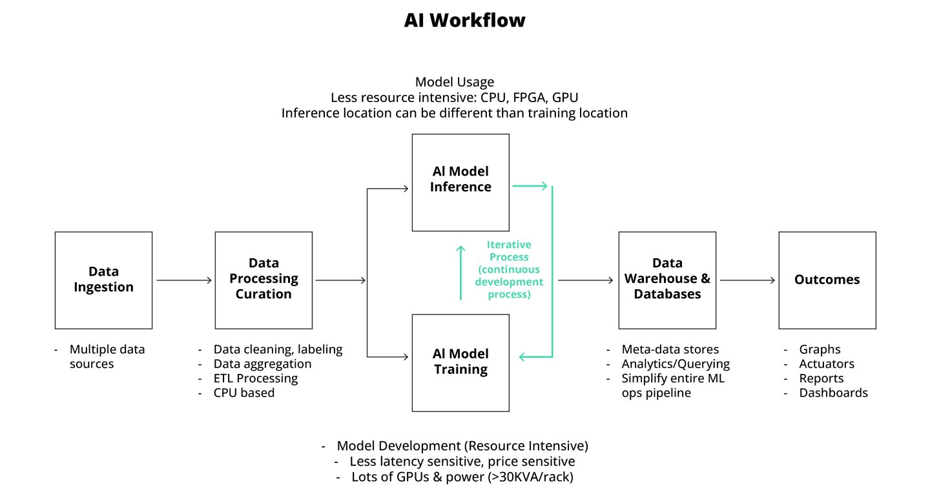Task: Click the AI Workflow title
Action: [464, 20]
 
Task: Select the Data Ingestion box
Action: [103, 280]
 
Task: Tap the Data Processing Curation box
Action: [263, 280]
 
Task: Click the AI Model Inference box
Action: [460, 182]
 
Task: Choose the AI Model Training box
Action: [460, 362]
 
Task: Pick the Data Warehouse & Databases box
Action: [667, 280]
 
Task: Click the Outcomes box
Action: [827, 280]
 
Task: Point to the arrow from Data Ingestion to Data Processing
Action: [184, 280]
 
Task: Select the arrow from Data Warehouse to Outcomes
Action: [747, 280]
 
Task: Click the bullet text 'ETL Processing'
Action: [256, 378]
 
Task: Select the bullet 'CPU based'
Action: [244, 393]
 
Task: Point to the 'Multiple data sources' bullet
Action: [107, 356]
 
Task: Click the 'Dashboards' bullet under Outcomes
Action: [833, 393]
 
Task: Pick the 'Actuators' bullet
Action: [827, 364]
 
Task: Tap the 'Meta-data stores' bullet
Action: [670, 350]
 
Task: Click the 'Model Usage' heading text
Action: [455, 82]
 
